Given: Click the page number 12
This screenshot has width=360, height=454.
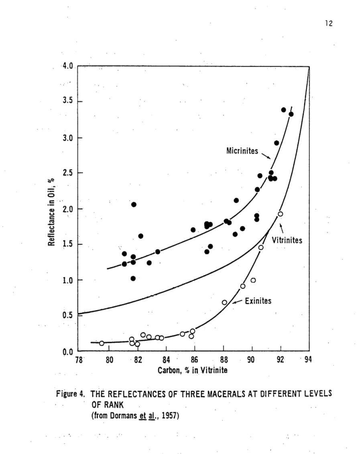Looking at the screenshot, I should click(329, 24).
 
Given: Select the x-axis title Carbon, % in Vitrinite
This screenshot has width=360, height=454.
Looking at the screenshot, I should click(193, 370).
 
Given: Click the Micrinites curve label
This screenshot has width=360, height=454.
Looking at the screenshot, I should click(242, 151).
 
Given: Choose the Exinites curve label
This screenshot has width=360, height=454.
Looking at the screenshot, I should click(258, 301).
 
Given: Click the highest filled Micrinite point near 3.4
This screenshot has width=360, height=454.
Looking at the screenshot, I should click(283, 110).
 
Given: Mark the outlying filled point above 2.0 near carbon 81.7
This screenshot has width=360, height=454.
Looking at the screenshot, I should click(134, 204).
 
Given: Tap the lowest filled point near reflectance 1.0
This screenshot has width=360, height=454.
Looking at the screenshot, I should click(133, 278).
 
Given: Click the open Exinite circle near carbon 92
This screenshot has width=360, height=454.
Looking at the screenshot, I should click(280, 214).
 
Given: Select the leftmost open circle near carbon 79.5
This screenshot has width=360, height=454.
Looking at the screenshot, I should click(102, 343).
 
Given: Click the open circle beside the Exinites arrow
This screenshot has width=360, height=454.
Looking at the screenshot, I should click(224, 302).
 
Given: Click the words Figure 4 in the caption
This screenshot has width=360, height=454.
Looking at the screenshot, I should click(69, 393).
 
